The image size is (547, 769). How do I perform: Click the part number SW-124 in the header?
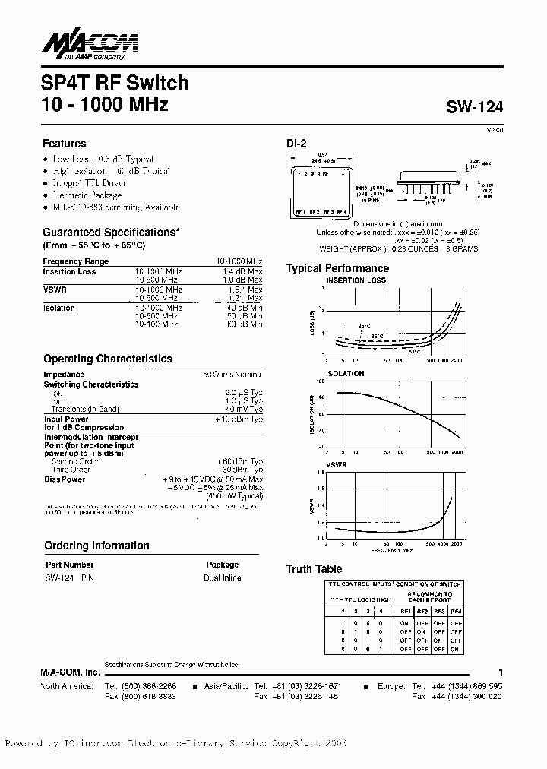coord(475,108)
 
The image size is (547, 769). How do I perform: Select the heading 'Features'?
coord(65,144)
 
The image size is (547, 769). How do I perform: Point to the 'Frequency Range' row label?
coord(76,261)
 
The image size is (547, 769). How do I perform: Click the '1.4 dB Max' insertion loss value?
coord(241,271)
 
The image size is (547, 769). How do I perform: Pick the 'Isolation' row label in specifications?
coord(59,308)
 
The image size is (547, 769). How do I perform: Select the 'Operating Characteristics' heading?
coord(108,359)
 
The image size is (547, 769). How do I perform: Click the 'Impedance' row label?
coord(64,375)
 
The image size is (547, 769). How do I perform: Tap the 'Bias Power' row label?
coord(65,479)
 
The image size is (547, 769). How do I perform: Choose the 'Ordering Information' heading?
coord(96,546)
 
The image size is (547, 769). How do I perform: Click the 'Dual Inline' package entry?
coord(223,578)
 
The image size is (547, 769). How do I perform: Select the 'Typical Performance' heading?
coord(337,268)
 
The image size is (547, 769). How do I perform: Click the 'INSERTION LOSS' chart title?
coord(356,280)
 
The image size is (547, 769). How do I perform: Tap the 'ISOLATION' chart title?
coord(346,374)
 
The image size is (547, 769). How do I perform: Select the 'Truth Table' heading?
coord(314,569)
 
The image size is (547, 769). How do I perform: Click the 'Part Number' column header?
coord(69,565)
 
